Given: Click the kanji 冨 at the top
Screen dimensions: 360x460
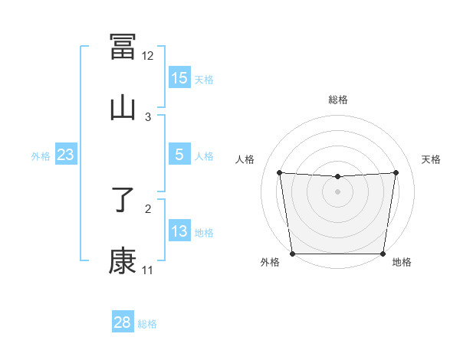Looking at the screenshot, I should click(x=123, y=47).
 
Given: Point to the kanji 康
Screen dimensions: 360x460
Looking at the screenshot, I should click(x=123, y=261).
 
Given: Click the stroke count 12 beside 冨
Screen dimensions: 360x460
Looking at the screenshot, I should click(x=148, y=56).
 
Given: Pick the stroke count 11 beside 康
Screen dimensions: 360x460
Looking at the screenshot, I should click(x=148, y=270).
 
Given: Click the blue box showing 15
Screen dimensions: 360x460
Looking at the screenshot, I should click(x=179, y=78).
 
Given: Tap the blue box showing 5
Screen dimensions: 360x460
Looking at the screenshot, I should click(x=179, y=155).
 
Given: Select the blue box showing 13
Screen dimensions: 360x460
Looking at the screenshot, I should click(x=179, y=231).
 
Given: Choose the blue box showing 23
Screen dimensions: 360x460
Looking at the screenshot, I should click(x=65, y=155).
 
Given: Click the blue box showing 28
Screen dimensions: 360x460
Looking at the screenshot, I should click(x=122, y=322).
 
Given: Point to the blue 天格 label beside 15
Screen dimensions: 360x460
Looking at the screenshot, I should click(x=204, y=79).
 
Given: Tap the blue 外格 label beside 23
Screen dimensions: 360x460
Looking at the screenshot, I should click(x=41, y=155).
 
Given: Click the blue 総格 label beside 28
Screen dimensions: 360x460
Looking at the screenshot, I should click(x=147, y=323).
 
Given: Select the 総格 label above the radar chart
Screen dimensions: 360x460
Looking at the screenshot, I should click(x=338, y=100).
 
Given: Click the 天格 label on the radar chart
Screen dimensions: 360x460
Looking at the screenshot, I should click(x=432, y=159).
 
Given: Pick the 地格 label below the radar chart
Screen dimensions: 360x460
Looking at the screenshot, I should click(x=402, y=262).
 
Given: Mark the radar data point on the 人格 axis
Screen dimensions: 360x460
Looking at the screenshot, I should click(x=280, y=172).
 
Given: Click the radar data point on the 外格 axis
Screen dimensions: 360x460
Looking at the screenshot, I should click(x=292, y=254).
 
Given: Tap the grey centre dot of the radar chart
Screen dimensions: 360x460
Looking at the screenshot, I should click(x=338, y=191).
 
